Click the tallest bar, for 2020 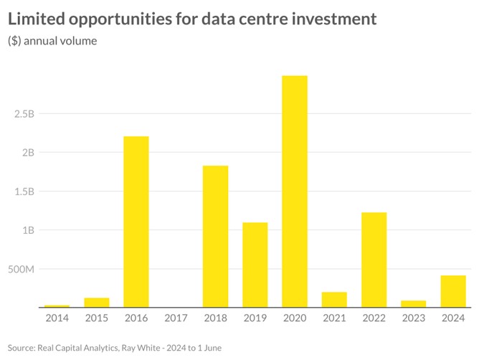[x=295, y=191]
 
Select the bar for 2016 [x=136, y=222]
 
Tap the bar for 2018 [x=215, y=237]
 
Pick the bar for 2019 [x=255, y=265]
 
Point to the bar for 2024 [x=453, y=291]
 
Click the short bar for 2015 [x=97, y=303]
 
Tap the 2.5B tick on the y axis [x=24, y=113]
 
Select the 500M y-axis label [x=21, y=270]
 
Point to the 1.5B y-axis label [x=24, y=191]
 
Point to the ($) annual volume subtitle [x=52, y=41]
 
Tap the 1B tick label [x=27, y=230]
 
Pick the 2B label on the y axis [x=27, y=152]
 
